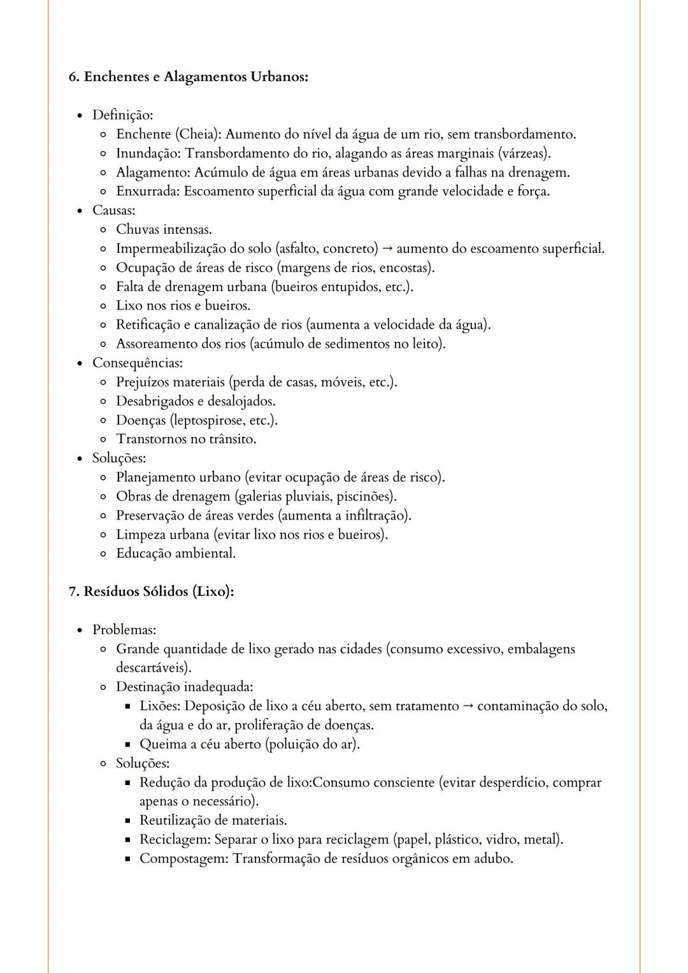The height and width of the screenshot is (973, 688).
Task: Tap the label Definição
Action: click(122, 115)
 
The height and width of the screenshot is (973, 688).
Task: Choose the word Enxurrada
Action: click(147, 192)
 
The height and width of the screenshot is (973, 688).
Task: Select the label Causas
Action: click(113, 211)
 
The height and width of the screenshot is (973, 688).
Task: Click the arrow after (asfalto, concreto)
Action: click(387, 249)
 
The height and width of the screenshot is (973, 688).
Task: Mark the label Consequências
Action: click(137, 363)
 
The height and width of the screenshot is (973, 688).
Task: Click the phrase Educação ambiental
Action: click(175, 553)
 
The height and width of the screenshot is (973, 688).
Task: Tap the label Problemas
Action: click(124, 630)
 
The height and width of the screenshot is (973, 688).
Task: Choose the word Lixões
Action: click(160, 706)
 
